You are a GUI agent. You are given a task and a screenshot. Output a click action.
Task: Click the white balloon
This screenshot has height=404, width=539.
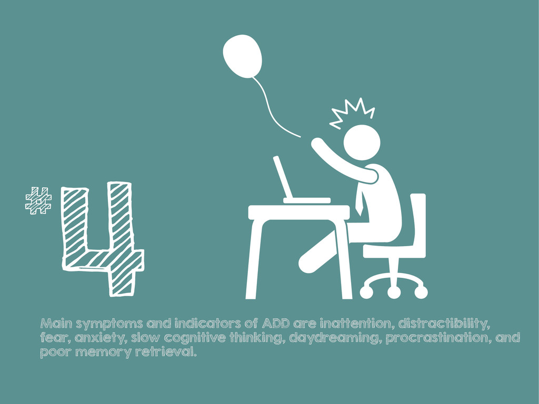point(242,56)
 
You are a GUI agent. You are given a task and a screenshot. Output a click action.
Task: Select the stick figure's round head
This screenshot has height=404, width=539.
point(362,142)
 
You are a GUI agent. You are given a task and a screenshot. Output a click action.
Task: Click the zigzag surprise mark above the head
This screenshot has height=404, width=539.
point(351,113)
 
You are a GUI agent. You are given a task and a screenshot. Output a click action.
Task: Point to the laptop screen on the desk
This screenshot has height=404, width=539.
point(283,177)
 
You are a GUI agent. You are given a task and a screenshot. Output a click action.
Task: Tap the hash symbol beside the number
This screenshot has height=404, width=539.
point(38,200)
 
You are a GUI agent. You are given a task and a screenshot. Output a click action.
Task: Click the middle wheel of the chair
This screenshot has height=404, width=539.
point(394,292)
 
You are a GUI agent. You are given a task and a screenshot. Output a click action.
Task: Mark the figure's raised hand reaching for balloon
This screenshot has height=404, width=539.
point(317,143)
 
